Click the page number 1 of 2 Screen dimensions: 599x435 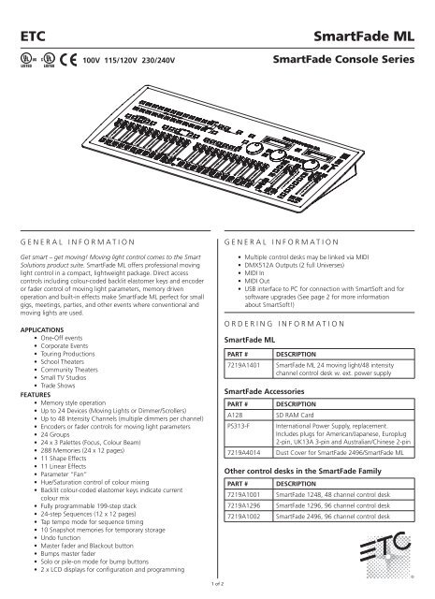(x=216, y=582)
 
